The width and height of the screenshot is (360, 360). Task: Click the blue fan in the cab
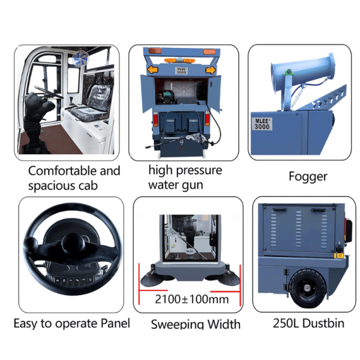80,58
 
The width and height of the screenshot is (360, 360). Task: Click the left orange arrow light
152,70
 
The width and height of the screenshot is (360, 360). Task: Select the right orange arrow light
210,70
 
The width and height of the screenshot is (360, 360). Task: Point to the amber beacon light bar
179,61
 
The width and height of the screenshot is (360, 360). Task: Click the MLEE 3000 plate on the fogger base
262,124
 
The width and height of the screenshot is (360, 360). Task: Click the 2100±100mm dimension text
192,299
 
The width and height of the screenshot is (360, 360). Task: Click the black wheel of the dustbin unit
307,288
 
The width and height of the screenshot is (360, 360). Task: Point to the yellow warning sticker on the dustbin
338,256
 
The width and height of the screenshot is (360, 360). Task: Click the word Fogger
308,177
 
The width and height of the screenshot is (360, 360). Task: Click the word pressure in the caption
199,171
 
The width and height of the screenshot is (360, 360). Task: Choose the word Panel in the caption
115,323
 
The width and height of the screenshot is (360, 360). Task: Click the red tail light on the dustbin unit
348,230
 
